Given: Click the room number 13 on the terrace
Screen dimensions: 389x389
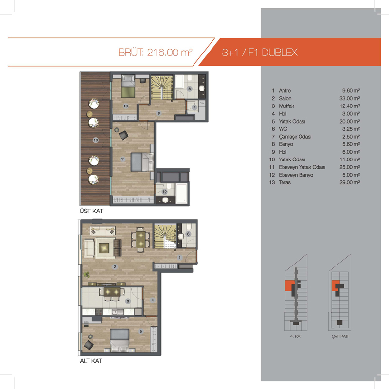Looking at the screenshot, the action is click(x=96, y=140).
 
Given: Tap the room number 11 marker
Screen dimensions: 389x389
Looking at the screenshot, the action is click(x=123, y=159).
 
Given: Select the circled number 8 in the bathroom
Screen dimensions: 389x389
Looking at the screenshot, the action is click(x=190, y=88).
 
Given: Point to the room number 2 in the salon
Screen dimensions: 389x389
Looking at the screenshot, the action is click(x=115, y=267).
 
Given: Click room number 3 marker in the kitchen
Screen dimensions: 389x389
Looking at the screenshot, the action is click(x=128, y=301).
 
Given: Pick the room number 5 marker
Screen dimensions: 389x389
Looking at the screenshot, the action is click(x=141, y=331).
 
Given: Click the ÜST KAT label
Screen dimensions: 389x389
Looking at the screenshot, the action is click(x=91, y=211).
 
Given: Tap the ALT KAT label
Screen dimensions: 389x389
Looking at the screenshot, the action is click(x=91, y=361).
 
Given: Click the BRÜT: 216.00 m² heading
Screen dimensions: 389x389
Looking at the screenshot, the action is click(x=155, y=53).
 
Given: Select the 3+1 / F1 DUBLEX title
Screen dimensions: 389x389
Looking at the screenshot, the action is click(x=260, y=53).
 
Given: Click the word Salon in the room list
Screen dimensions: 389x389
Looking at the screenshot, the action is click(x=285, y=99).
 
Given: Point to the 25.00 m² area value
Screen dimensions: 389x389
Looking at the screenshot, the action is click(x=350, y=167).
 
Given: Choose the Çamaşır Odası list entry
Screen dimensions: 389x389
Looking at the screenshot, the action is click(x=295, y=137).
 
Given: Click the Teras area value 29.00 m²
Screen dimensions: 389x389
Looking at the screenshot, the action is click(x=350, y=182).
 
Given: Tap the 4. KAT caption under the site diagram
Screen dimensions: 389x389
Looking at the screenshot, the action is click(x=296, y=336).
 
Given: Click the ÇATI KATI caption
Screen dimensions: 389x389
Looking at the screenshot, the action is click(x=340, y=336).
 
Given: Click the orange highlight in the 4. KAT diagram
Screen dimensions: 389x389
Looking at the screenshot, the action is click(x=288, y=285).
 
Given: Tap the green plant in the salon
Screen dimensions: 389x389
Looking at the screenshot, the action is click(x=87, y=274).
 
